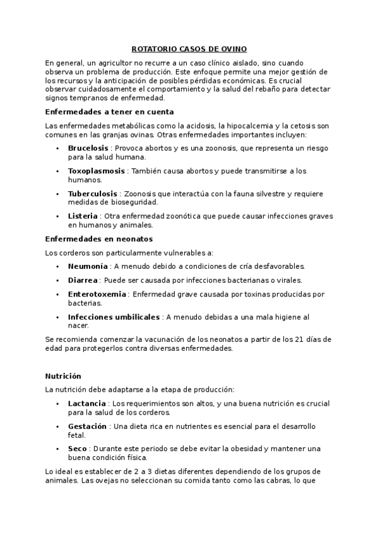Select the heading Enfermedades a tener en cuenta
tap(101, 111)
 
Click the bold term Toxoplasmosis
tap(97, 171)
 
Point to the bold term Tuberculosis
tap(92, 194)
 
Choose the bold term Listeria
tap(83, 216)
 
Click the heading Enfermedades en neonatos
tap(99, 238)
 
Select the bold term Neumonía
tap(88, 266)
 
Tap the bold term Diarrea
tap(83, 279)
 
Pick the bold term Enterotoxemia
tap(97, 293)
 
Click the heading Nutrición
tap(63, 375)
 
